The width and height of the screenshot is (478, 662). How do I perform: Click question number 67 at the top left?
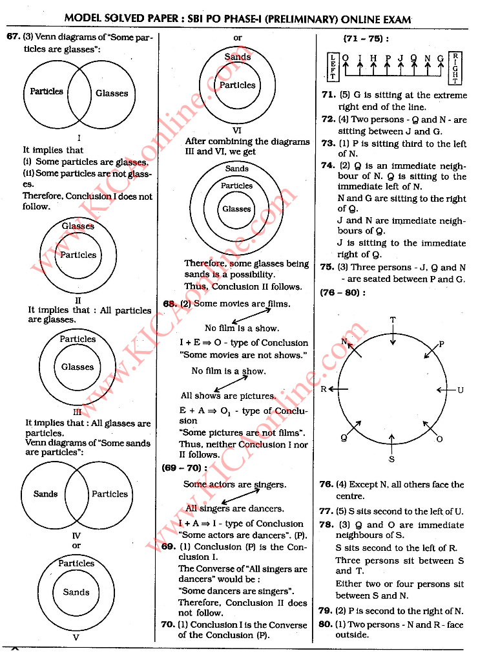point(14,37)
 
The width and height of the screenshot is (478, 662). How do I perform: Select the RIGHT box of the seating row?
point(456,67)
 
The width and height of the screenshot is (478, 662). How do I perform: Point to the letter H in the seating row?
point(373,58)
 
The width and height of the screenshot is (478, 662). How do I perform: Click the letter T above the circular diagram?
point(393,320)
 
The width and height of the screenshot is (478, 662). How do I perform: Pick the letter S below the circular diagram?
point(391,459)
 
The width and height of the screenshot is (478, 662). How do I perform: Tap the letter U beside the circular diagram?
point(461,390)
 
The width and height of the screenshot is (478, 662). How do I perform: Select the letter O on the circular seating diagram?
point(439,439)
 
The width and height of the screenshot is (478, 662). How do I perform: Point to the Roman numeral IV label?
point(76,535)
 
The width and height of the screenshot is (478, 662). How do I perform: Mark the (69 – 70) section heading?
point(184,468)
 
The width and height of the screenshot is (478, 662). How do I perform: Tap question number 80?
point(325,625)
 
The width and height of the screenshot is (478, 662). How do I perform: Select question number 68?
point(170,304)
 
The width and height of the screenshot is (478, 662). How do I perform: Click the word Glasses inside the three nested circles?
point(236,209)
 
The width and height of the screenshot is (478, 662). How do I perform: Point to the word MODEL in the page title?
point(85,20)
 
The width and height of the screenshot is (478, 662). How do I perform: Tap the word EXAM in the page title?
point(397,20)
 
